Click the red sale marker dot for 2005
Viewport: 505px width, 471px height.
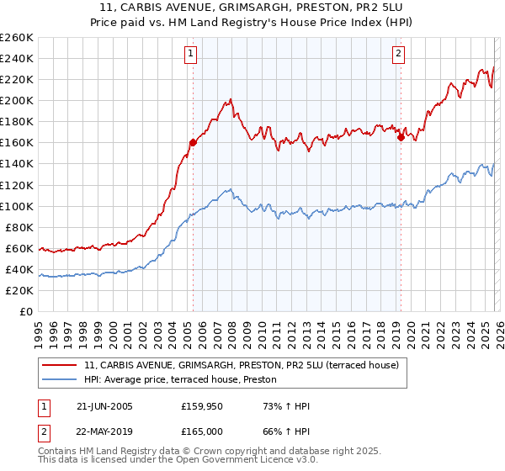(193, 142)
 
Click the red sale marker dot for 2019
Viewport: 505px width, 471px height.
(401, 138)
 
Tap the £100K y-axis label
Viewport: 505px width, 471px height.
(17, 206)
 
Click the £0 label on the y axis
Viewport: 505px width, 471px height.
(25, 311)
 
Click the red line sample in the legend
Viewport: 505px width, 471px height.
(61, 366)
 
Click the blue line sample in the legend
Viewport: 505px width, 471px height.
(61, 380)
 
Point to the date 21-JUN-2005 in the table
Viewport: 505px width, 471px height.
(104, 406)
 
